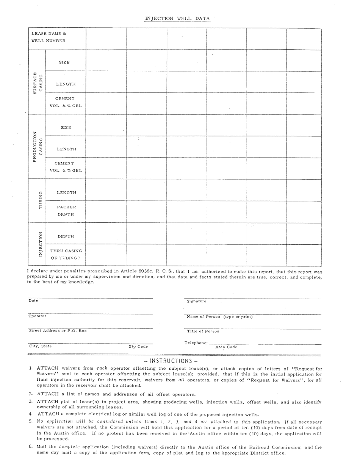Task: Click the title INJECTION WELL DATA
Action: click(177, 18)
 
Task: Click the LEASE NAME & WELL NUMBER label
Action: click(49, 37)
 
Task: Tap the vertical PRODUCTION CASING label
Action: click(38, 147)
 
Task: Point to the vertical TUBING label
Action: click(41, 200)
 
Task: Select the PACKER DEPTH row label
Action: click(66, 211)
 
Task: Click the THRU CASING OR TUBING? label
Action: click(66, 254)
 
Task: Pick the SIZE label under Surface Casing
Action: click(64, 62)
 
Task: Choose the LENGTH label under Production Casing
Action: click(66, 149)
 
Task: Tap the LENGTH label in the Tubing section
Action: click(66, 192)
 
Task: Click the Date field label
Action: click(33, 301)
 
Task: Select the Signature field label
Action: click(197, 302)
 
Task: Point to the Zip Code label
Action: click(138, 347)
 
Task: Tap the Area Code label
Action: click(226, 347)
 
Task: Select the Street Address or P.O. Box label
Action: click(58, 331)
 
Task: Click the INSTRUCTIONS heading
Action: click(171, 361)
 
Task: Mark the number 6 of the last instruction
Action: click(31, 447)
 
